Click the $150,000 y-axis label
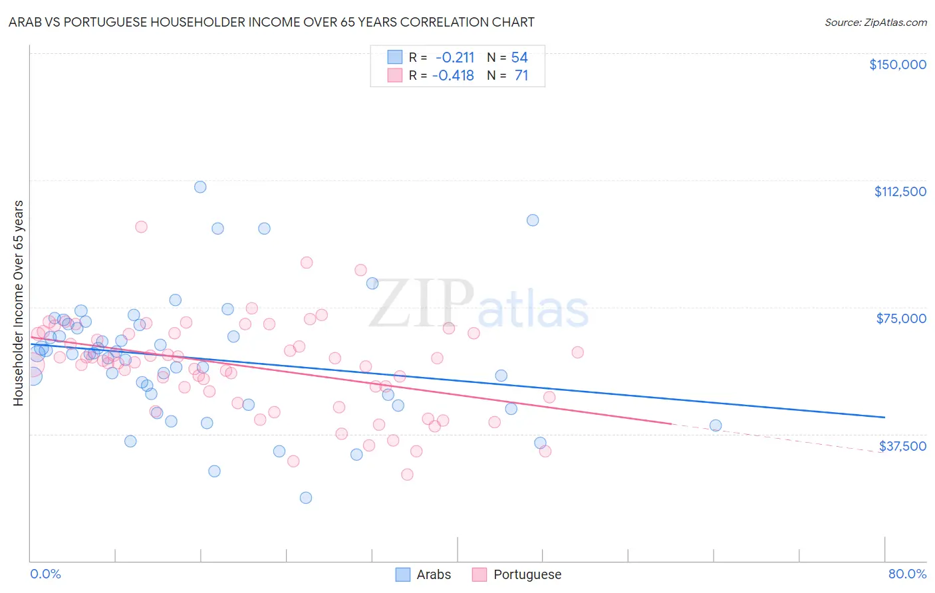pos(897,64)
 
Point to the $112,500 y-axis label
pos(900,191)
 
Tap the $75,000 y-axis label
pos(901,318)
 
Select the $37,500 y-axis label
pos(902,446)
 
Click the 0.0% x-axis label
pos(45,574)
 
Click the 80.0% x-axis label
pos(907,574)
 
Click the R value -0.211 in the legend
pos(455,57)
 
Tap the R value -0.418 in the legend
pos(453,76)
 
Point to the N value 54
pos(519,57)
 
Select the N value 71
pos(521,76)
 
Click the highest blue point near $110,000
pos(200,187)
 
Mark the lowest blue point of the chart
pos(306,498)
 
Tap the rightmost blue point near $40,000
pos(716,425)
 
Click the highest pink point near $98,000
pos(141,227)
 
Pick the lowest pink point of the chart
pos(407,475)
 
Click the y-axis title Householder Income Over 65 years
pos(19,302)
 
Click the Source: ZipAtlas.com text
pos(875,23)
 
